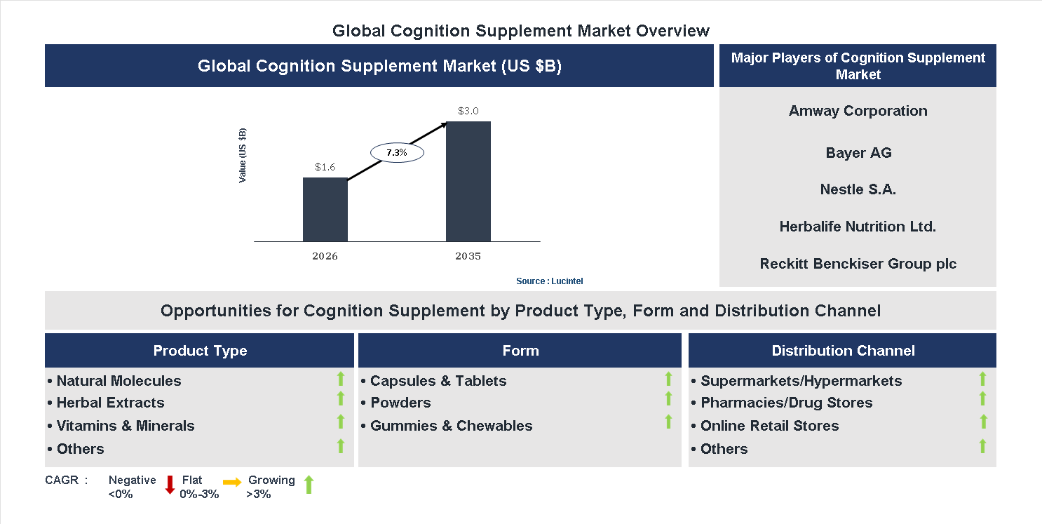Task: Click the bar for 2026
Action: pos(325,209)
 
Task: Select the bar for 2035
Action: pos(468,181)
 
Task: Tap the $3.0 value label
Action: pos(468,111)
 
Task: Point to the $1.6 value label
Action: pos(325,167)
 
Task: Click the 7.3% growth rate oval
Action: pos(397,152)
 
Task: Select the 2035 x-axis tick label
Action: pos(468,256)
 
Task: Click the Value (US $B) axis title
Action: pos(243,156)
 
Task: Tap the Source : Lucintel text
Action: pos(549,281)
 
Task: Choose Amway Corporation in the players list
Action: pos(858,111)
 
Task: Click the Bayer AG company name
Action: pos(858,153)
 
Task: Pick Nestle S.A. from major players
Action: pos(858,189)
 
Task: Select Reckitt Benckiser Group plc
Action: pos(858,264)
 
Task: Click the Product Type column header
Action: pos(200,351)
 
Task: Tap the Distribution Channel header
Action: pos(843,351)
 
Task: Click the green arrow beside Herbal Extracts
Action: pos(341,398)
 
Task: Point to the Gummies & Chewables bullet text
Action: pos(451,426)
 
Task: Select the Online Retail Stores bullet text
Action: pos(769,426)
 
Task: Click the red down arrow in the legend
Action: pos(170,485)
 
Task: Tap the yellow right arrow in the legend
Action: pos(232,482)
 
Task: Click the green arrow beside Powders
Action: pos(668,398)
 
